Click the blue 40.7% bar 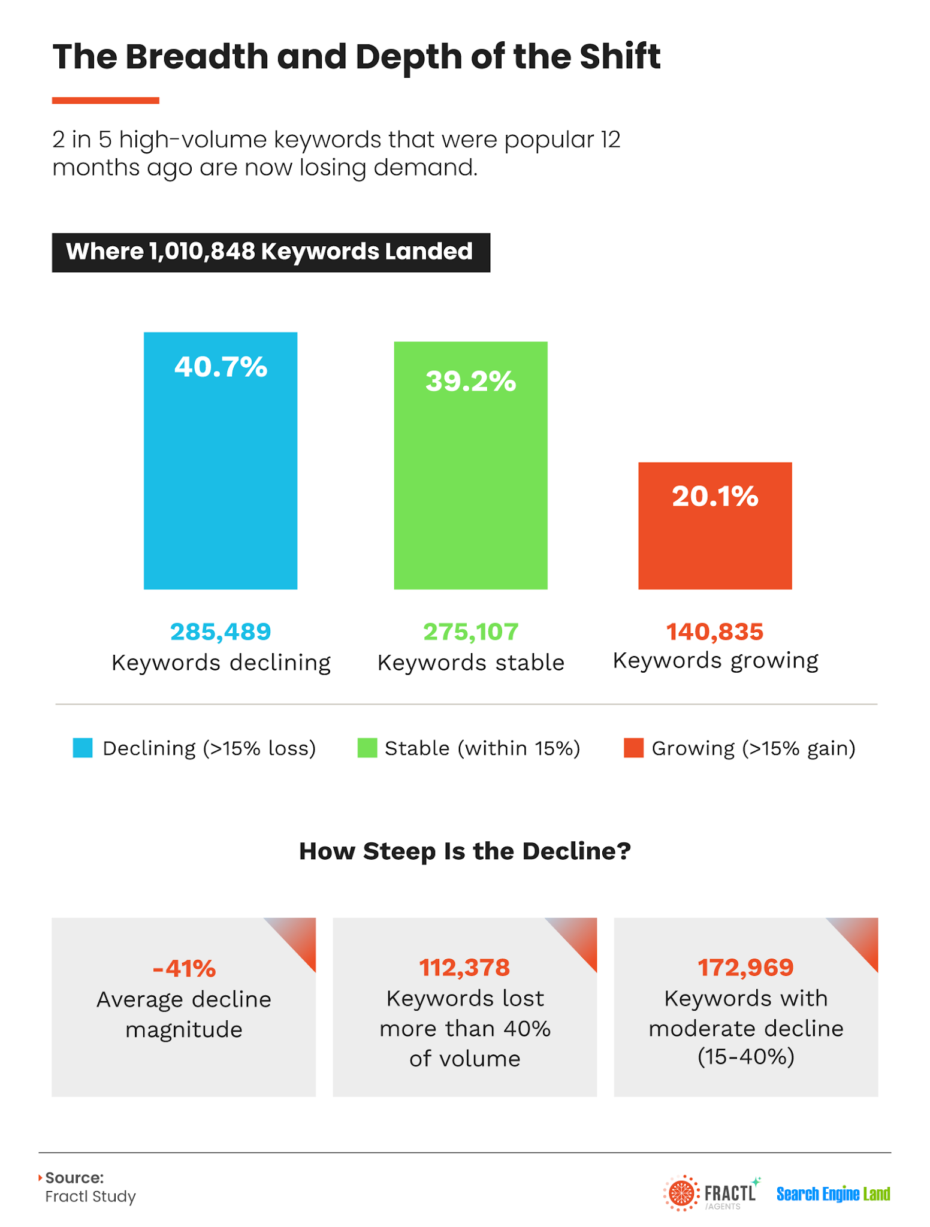coord(221,461)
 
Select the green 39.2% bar coord(470,466)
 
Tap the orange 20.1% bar coord(715,525)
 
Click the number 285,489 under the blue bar coord(221,631)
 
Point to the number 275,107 coord(470,631)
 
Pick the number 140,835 coord(715,631)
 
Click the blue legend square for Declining coord(83,748)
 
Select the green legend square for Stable coord(367,748)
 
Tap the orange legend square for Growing coord(633,748)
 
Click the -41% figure coord(184,968)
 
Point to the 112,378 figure coord(464,967)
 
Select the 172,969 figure coord(745,967)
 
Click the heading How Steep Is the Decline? coord(465,851)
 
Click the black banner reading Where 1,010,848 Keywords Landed coord(271,252)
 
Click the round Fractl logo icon coord(681,1193)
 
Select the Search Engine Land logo coord(833,1194)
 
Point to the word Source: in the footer coord(74,1177)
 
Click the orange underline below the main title coord(105,101)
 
